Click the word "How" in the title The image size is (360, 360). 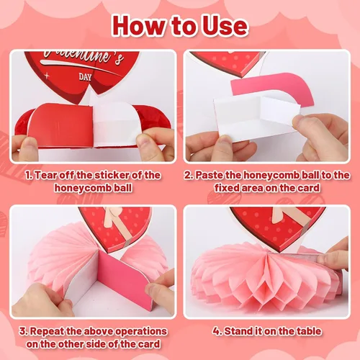pos(140,26)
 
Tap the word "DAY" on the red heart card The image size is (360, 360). pos(85,77)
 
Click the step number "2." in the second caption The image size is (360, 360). pos(189,175)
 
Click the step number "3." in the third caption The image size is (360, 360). pos(24,331)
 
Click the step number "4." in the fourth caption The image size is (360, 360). pos(217,331)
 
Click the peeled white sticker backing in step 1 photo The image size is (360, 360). pos(115,122)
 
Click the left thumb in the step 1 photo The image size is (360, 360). pos(28,149)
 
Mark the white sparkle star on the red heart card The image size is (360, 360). pos(47,76)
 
